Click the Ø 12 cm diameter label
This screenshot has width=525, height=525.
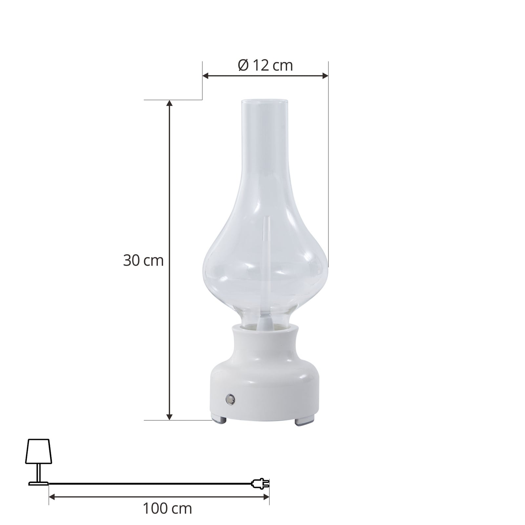pos(265,66)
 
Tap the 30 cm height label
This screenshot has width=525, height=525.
pos(143,261)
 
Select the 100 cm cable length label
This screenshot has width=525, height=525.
pos(167,509)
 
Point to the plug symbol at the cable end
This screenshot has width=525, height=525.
pos(261,483)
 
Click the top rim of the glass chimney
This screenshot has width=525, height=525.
pos(265,100)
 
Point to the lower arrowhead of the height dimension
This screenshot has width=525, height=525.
pos(169,417)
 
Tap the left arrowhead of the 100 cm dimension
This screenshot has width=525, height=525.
pos(52,497)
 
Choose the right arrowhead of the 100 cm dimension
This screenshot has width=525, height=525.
pos(266,497)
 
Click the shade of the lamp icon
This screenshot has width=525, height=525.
pos(39,451)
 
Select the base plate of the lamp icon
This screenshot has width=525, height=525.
pos(38,483)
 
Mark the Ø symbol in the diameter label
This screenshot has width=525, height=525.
pos(243,66)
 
